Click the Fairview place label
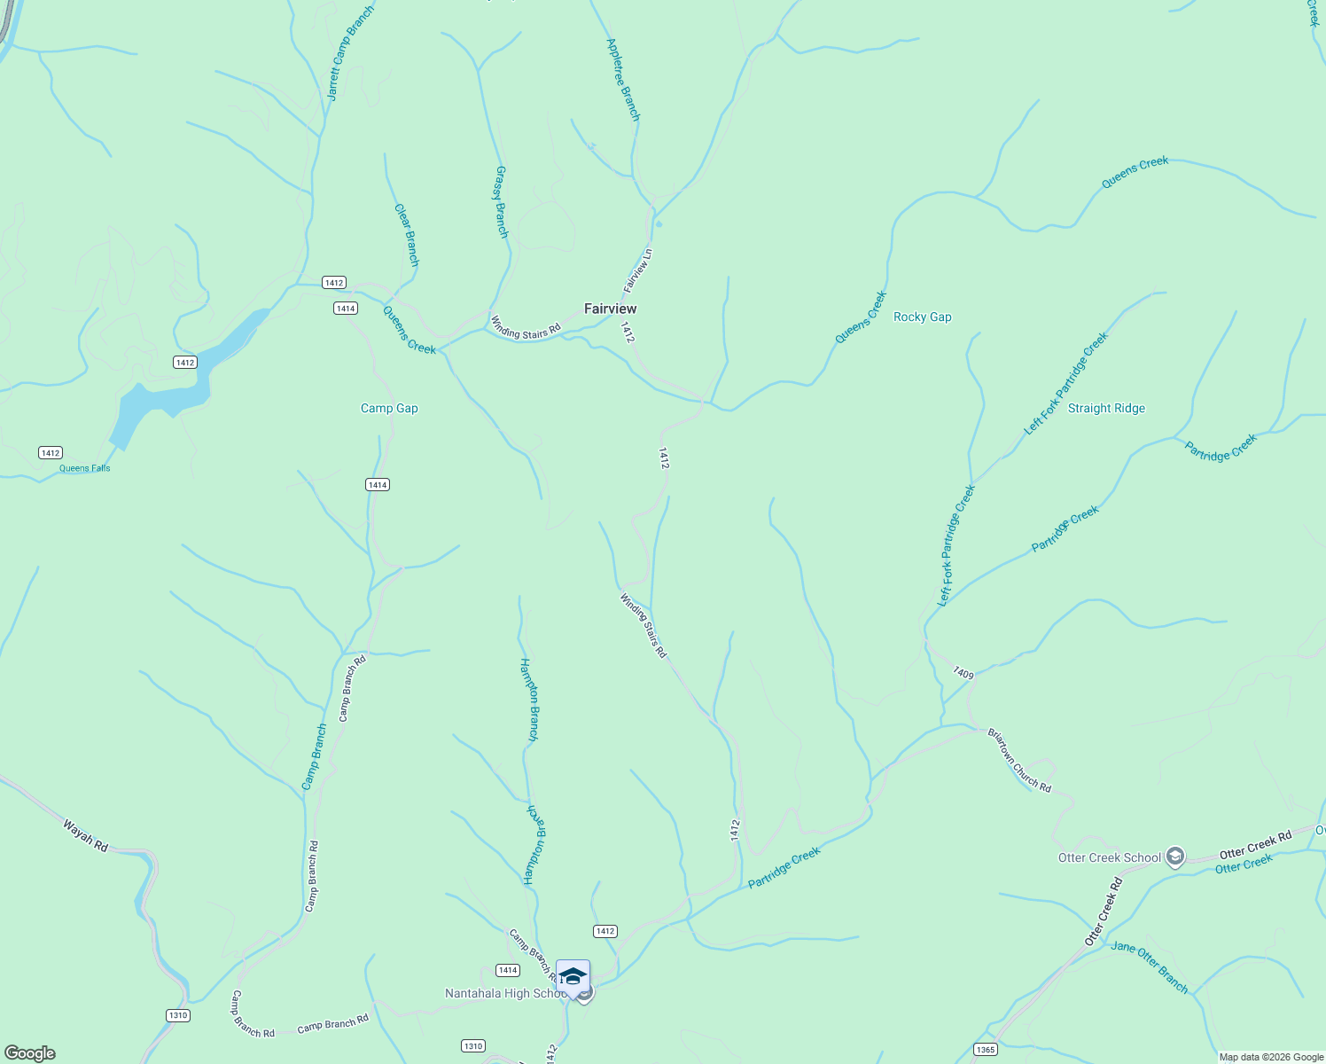pyautogui.click(x=610, y=309)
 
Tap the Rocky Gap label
pyautogui.click(x=922, y=317)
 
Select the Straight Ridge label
pyautogui.click(x=1106, y=408)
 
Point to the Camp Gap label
pyautogui.click(x=389, y=408)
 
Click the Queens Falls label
pyautogui.click(x=85, y=468)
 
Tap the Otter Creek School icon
pyautogui.click(x=1175, y=857)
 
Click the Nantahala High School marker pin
pyautogui.click(x=573, y=978)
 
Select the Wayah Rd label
pyautogui.click(x=85, y=836)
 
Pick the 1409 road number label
pyautogui.click(x=963, y=674)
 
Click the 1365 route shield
pyautogui.click(x=985, y=1050)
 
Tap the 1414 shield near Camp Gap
pyautogui.click(x=378, y=484)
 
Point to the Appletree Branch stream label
pyautogui.click(x=622, y=79)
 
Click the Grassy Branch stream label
pyautogui.click(x=501, y=201)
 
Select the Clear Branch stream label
pyautogui.click(x=406, y=235)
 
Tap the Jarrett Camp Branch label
pyautogui.click(x=350, y=53)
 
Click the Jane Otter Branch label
pyautogui.click(x=1149, y=966)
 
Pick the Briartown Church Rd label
pyautogui.click(x=1019, y=761)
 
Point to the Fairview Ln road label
pyautogui.click(x=638, y=270)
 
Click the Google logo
pyautogui.click(x=29, y=1052)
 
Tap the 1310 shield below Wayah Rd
pyautogui.click(x=178, y=1015)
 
